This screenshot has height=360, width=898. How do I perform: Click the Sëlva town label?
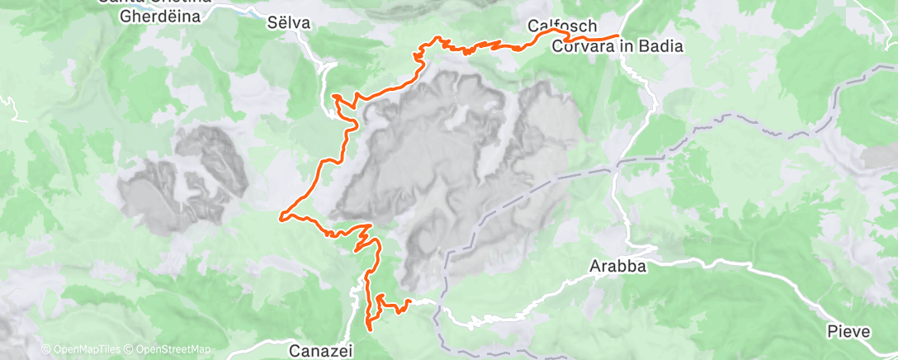(x=289, y=23)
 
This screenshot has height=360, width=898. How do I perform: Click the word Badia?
(x=659, y=47)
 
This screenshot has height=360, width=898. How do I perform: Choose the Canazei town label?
(x=321, y=351)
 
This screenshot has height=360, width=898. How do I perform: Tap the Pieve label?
(x=848, y=331)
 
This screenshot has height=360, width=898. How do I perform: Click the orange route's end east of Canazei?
(x=410, y=301)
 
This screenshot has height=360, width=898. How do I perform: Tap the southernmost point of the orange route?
(x=369, y=329)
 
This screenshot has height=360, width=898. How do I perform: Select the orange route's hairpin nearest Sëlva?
(x=335, y=97)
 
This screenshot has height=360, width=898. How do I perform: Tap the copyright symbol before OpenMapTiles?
(x=45, y=350)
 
